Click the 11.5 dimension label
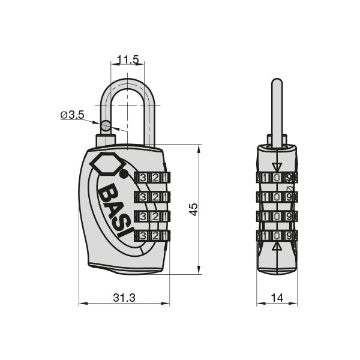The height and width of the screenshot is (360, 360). (128, 59)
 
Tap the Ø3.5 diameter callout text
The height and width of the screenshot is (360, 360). (73, 115)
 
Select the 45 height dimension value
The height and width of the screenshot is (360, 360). (193, 209)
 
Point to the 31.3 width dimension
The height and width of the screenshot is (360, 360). (124, 298)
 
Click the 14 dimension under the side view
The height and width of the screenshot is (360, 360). (277, 298)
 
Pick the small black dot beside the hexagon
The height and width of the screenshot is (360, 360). (124, 174)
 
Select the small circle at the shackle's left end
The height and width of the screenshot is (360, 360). (106, 125)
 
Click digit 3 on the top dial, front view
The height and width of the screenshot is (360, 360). (143, 178)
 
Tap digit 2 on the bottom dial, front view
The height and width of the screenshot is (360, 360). (155, 236)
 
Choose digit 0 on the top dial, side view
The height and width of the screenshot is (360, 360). (277, 177)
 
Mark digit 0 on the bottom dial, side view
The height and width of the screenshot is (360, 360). (277, 236)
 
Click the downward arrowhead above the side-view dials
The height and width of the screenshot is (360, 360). (277, 167)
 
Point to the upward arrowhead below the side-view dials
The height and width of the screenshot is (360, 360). (277, 247)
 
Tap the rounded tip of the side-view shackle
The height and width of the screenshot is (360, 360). (277, 80)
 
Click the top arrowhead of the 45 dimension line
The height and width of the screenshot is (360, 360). (199, 149)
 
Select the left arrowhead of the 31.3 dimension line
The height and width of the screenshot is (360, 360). (83, 303)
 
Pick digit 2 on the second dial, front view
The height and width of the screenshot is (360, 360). (155, 197)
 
